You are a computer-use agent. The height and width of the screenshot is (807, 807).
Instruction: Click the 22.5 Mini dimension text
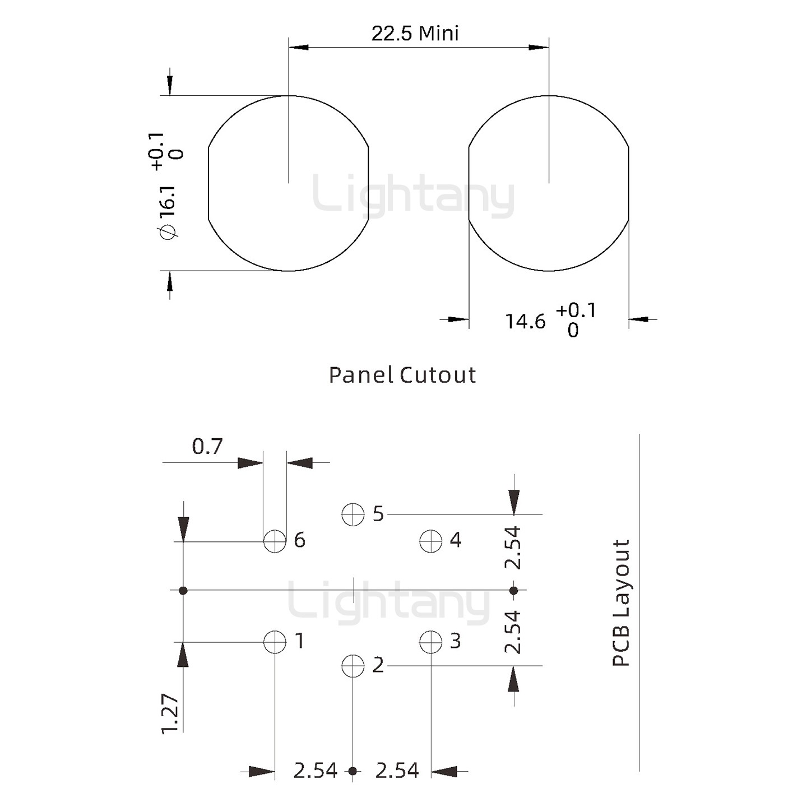pyautogui.click(x=415, y=34)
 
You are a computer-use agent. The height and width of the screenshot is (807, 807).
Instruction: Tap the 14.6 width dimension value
pyautogui.click(x=525, y=322)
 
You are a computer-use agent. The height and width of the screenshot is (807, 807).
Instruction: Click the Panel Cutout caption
pyautogui.click(x=402, y=375)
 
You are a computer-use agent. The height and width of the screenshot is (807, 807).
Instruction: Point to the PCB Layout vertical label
pyautogui.click(x=621, y=603)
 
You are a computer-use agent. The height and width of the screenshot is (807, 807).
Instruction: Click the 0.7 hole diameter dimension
pyautogui.click(x=207, y=447)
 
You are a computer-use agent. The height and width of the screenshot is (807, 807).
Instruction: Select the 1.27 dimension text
pyautogui.click(x=170, y=713)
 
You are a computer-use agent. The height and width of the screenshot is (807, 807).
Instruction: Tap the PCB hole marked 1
pyautogui.click(x=275, y=642)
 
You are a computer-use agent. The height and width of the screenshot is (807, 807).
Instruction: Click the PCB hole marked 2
pyautogui.click(x=353, y=666)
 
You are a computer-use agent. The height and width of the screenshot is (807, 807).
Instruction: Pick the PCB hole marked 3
pyautogui.click(x=430, y=642)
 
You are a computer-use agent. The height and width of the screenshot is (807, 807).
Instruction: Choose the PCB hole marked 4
pyautogui.click(x=430, y=541)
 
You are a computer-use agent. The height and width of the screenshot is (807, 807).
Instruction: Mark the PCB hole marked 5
pyautogui.click(x=353, y=514)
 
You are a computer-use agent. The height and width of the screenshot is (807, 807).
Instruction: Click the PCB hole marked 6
pyautogui.click(x=275, y=541)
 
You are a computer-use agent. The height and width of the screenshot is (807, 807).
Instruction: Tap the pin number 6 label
pyautogui.click(x=300, y=540)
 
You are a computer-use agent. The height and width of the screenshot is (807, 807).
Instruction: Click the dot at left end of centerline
pyautogui.click(x=183, y=590)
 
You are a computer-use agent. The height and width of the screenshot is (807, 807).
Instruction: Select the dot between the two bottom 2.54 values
pyautogui.click(x=353, y=771)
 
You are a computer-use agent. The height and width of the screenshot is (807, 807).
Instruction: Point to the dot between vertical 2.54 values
pyautogui.click(x=513, y=590)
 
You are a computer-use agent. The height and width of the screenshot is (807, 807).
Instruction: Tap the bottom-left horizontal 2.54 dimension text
pyautogui.click(x=315, y=771)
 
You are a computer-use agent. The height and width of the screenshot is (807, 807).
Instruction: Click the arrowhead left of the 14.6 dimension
pyautogui.click(x=457, y=319)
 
